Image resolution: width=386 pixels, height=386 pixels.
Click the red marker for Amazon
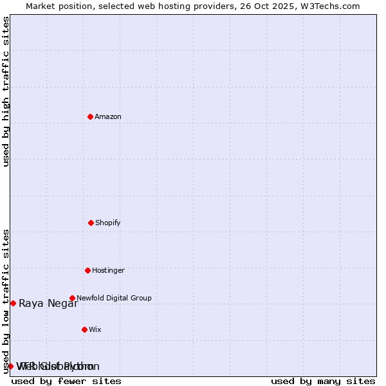pyautogui.click(x=90, y=116)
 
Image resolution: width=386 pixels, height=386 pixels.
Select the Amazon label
pyautogui.click(x=108, y=116)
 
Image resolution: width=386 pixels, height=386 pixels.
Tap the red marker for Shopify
pyautogui.click(x=91, y=223)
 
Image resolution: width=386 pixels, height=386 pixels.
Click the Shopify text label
pyautogui.click(x=108, y=223)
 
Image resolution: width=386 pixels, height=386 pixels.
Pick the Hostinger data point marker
pyautogui.click(x=87, y=270)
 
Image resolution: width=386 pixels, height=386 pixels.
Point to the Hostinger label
pyautogui.click(x=108, y=270)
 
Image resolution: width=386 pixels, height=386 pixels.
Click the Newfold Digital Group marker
pyautogui.click(x=72, y=298)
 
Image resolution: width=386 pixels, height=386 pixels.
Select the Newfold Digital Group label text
pyautogui.click(x=114, y=298)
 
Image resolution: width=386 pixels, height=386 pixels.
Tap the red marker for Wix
pyautogui.click(x=84, y=329)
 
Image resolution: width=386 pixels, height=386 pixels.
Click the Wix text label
pyautogui.click(x=95, y=329)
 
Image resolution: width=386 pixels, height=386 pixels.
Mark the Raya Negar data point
pyautogui.click(x=13, y=303)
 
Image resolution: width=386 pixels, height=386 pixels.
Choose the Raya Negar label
pyautogui.click(x=48, y=304)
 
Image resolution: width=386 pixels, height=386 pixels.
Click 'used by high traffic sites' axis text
pyautogui.click(x=6, y=91)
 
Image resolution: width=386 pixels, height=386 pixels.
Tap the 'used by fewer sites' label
pyautogui.click(x=66, y=381)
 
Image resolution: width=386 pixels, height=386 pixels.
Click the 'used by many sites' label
pyautogui.click(x=323, y=381)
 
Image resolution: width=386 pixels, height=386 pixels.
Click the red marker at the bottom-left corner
pyautogui.click(x=10, y=366)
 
